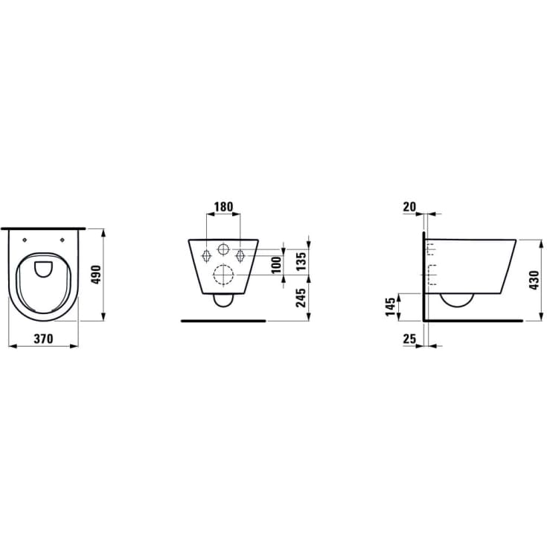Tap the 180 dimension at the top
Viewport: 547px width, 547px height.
[x=223, y=206]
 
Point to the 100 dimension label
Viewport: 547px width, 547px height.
[x=276, y=264]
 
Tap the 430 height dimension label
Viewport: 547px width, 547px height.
[x=533, y=280]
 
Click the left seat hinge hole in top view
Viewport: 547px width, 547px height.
[x=25, y=239]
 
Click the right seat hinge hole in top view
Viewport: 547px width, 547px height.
[x=63, y=239]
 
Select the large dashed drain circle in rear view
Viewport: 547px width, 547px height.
[x=223, y=275]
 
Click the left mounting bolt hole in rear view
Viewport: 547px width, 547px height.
[x=206, y=255]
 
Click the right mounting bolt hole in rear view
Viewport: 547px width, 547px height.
[x=240, y=255]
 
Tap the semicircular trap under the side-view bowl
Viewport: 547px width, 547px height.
[x=457, y=301]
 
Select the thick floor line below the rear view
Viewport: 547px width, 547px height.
[x=223, y=321]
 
